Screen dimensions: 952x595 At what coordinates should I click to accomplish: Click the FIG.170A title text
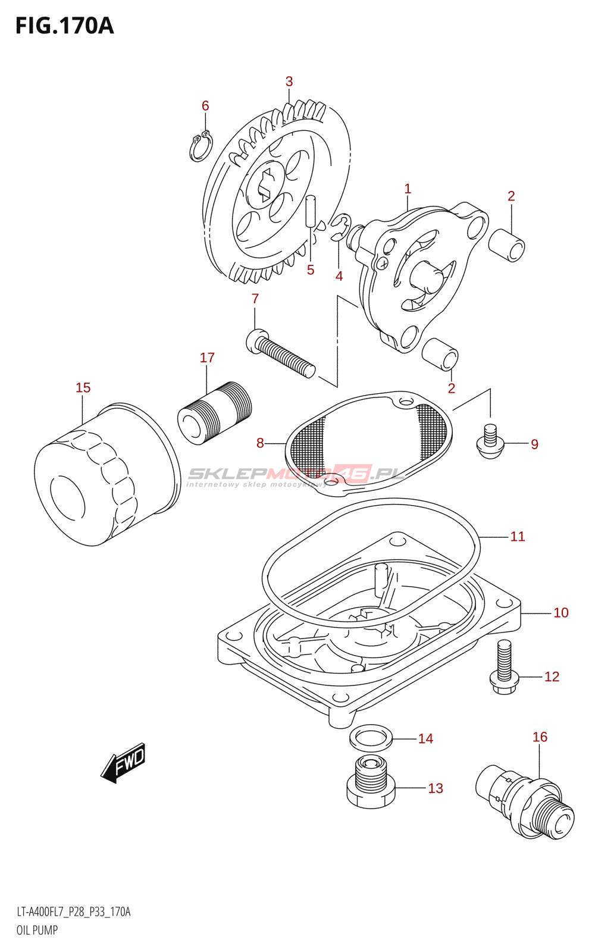pos(64,26)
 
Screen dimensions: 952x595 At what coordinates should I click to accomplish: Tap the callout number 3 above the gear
pos(289,82)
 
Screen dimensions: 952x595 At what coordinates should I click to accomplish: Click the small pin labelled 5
pos(310,211)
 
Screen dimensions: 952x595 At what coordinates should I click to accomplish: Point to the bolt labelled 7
pos(280,354)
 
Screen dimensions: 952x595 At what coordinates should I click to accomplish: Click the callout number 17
pos(207,358)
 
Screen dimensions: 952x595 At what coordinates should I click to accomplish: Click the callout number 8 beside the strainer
pos(260,443)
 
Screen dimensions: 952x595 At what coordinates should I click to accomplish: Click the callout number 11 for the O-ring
pos(518,537)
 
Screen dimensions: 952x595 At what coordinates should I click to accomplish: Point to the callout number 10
pos(561,613)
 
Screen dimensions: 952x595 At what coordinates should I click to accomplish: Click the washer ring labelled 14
pos(371,738)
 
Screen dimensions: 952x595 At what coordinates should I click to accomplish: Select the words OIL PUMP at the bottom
pos(37,930)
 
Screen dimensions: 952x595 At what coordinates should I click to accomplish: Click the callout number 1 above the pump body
pos(408,189)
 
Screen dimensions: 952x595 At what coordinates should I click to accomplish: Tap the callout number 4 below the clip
pos(339,276)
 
